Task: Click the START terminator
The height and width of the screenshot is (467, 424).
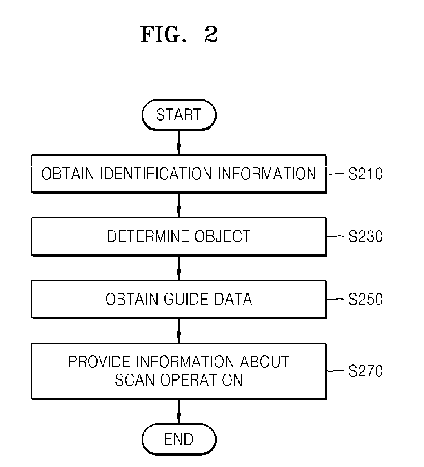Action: [x=179, y=115]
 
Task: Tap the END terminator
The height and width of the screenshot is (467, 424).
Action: [x=179, y=439]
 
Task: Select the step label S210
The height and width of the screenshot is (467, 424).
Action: [x=366, y=174]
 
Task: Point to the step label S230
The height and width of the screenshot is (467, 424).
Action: [x=366, y=236]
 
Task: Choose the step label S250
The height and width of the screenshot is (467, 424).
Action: [x=366, y=299]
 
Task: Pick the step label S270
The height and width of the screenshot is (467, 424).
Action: [x=366, y=371]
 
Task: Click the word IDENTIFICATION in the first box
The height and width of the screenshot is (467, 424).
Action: [x=156, y=174]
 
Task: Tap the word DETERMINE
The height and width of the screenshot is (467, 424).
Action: [x=148, y=236]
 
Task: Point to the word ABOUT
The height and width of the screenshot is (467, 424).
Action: [x=265, y=362]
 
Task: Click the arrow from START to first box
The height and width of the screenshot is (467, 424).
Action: [x=179, y=143]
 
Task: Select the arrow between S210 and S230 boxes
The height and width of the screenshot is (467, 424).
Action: [x=179, y=205]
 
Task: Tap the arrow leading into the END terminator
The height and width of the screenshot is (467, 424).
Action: [x=179, y=412]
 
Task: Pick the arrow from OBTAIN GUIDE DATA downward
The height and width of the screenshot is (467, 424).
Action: [x=179, y=331]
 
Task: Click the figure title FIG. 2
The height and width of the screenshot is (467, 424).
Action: [x=179, y=35]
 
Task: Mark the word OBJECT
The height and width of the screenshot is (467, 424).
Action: [x=222, y=236]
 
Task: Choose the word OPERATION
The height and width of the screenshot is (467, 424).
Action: [x=202, y=380]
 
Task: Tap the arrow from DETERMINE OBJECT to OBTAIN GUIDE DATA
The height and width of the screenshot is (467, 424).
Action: [x=179, y=268]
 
